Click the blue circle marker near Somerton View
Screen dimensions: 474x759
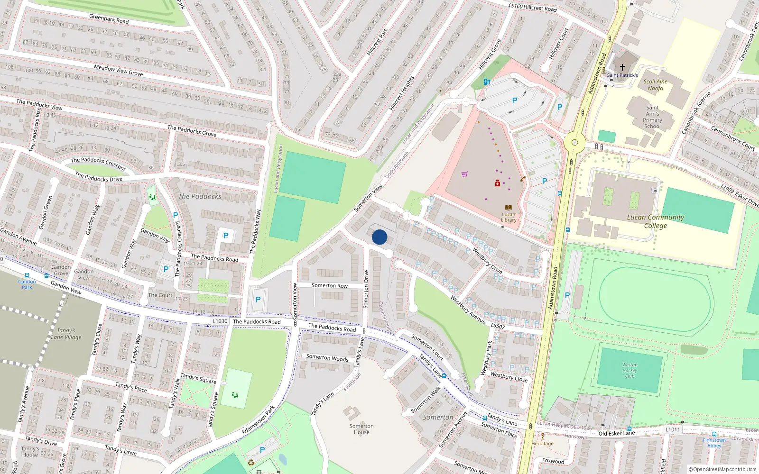click(379, 237)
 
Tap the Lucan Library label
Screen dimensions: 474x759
click(509, 217)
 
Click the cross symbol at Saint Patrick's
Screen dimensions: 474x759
click(622, 67)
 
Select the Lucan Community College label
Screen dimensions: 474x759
click(656, 221)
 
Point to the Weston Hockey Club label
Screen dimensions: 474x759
click(629, 370)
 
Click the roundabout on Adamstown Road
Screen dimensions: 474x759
click(575, 142)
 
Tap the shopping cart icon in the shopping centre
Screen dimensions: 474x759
click(464, 174)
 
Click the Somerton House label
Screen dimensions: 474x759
click(361, 429)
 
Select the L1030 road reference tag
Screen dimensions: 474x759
click(220, 321)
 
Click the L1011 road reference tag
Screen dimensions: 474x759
click(672, 429)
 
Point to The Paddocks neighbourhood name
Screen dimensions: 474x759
click(200, 196)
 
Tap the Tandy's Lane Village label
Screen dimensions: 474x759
click(66, 334)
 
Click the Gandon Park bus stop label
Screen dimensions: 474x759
click(27, 284)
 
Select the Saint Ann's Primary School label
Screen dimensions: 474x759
click(652, 117)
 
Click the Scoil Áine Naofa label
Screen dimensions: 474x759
click(655, 85)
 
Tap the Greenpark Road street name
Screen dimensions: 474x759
click(109, 19)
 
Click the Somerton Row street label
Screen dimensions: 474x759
click(329, 285)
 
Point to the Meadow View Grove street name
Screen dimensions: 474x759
click(118, 70)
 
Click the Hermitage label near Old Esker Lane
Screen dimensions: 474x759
click(542, 444)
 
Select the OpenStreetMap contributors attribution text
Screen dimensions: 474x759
click(722, 470)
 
